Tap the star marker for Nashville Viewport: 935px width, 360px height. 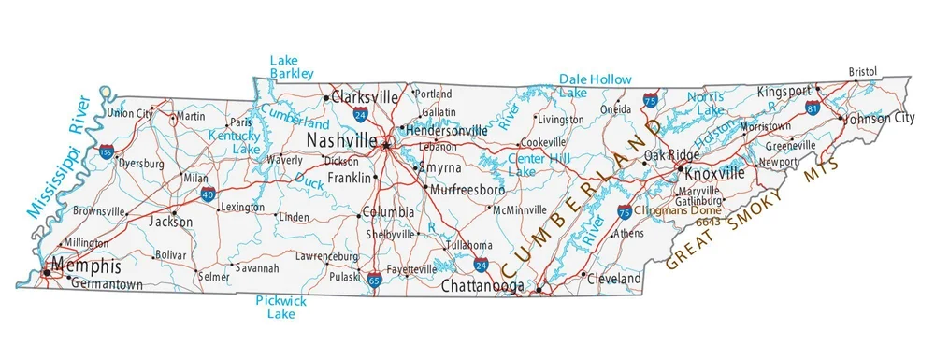tap(385, 145)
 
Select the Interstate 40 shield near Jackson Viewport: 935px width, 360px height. tap(208, 194)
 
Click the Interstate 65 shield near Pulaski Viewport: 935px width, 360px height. tap(375, 278)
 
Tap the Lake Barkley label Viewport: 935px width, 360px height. tap(292, 66)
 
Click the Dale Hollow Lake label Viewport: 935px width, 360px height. tap(595, 86)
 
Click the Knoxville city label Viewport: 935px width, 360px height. tap(714, 174)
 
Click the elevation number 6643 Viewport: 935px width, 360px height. tap(708, 221)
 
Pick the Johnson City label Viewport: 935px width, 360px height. tap(879, 119)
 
